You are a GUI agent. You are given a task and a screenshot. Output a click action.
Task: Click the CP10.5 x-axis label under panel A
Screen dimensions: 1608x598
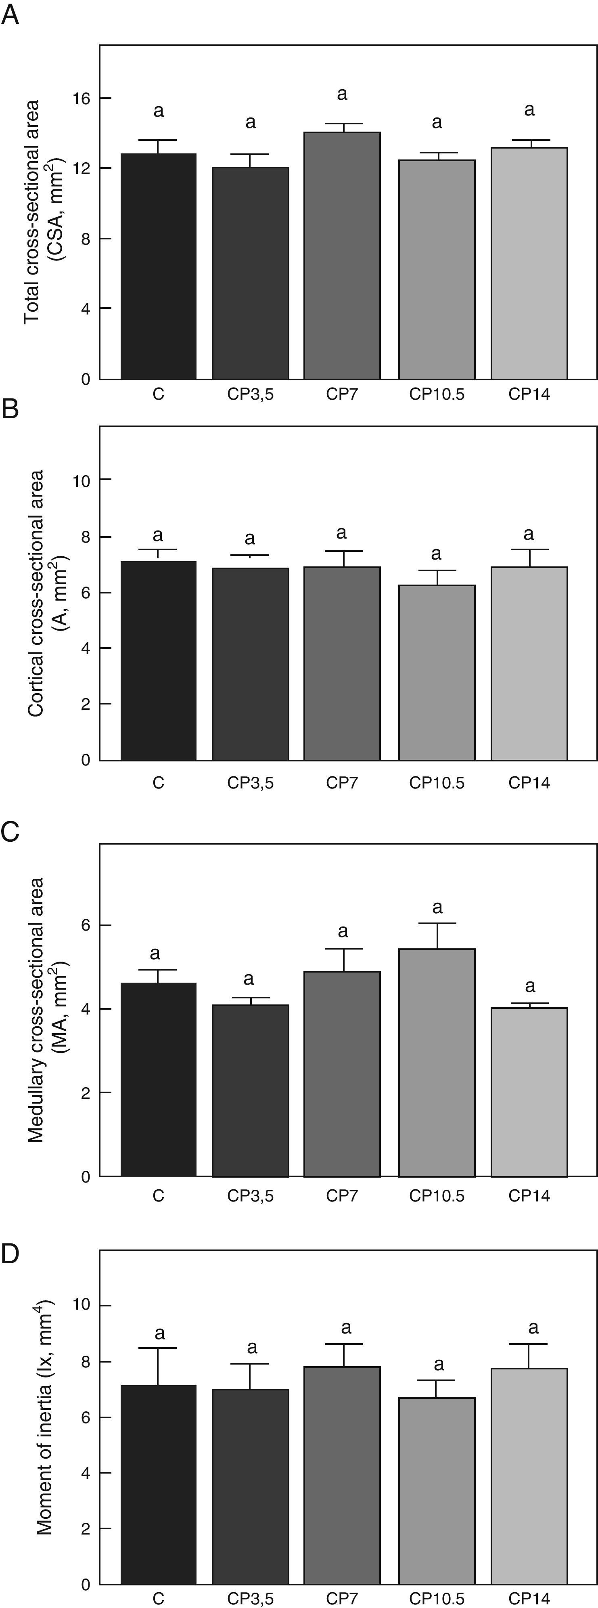point(437,394)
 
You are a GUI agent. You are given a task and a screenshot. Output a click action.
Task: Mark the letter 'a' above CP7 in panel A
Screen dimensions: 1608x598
point(342,95)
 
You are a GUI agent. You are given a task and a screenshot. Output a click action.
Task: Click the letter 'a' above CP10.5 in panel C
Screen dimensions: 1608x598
point(437,907)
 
